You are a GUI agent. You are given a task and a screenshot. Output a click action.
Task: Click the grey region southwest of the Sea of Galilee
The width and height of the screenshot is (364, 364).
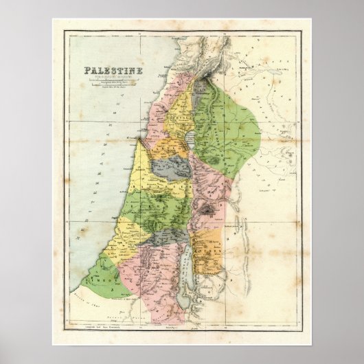pyautogui.click(x=166, y=166)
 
